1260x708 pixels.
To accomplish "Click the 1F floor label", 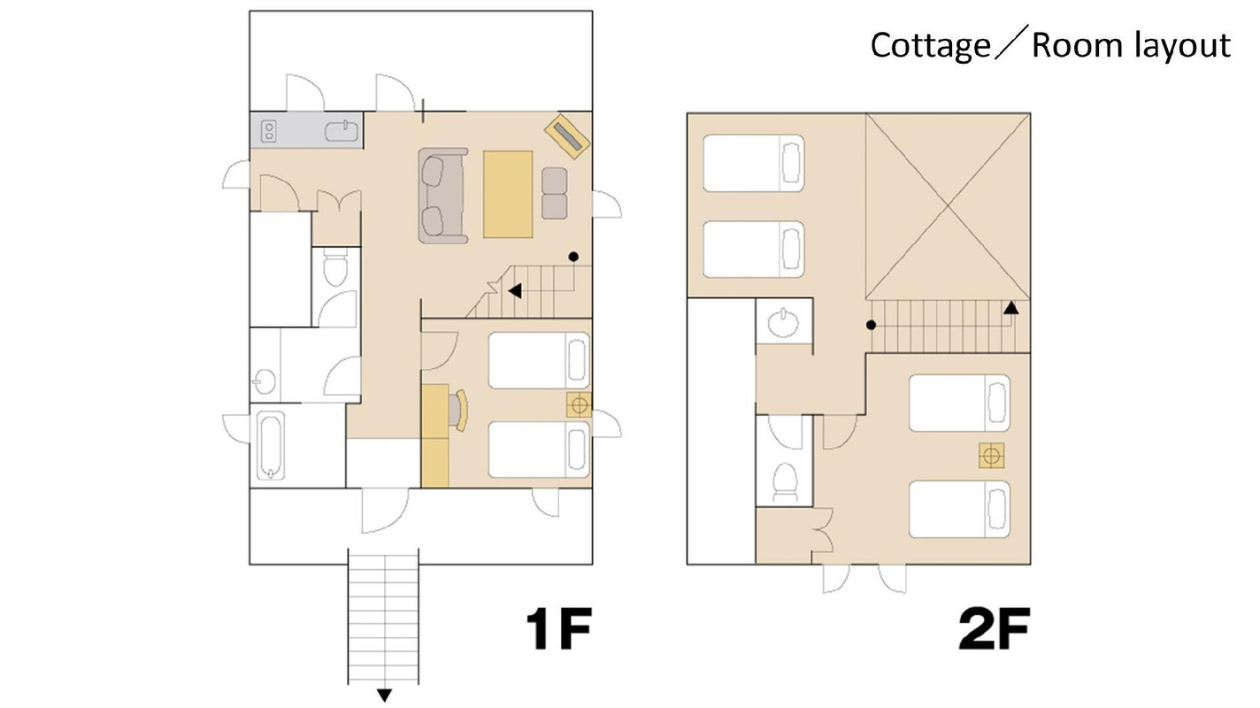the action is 558,628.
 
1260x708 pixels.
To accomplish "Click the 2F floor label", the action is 994,628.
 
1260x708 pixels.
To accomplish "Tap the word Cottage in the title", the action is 930,46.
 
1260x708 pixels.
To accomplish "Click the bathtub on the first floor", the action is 271,445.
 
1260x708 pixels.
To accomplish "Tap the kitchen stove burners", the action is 268,132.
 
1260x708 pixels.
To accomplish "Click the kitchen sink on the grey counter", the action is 342,132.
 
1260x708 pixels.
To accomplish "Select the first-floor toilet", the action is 336,269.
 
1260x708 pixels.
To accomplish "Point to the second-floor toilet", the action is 785,483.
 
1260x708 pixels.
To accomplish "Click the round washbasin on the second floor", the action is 783,323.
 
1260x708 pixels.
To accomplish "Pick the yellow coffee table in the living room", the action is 508,194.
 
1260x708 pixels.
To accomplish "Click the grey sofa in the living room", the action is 442,196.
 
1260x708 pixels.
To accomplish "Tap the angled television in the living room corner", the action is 567,137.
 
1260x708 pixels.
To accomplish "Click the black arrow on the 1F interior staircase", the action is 515,291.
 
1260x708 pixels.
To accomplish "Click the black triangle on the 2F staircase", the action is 1010,308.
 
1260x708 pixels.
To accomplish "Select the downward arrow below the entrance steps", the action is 384,695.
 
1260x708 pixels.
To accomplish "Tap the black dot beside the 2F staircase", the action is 871,325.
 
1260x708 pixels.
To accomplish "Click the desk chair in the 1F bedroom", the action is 457,410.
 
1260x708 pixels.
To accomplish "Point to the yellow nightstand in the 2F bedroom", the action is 991,455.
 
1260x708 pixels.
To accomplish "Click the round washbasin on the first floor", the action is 265,381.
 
